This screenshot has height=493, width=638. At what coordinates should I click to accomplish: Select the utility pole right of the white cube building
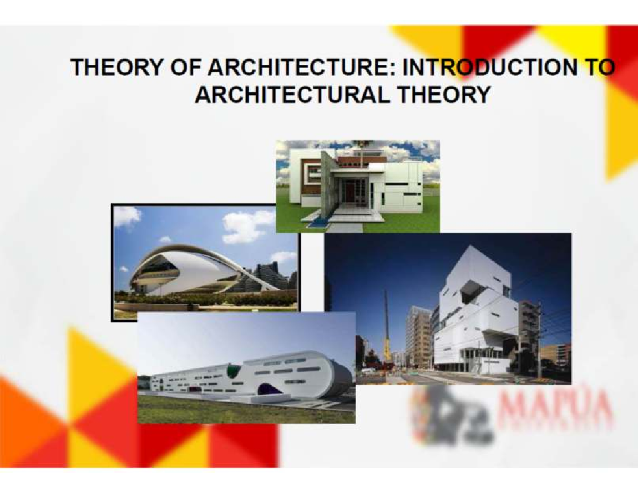[x=539, y=340]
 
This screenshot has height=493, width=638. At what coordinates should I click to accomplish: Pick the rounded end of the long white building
[x=335, y=375]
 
